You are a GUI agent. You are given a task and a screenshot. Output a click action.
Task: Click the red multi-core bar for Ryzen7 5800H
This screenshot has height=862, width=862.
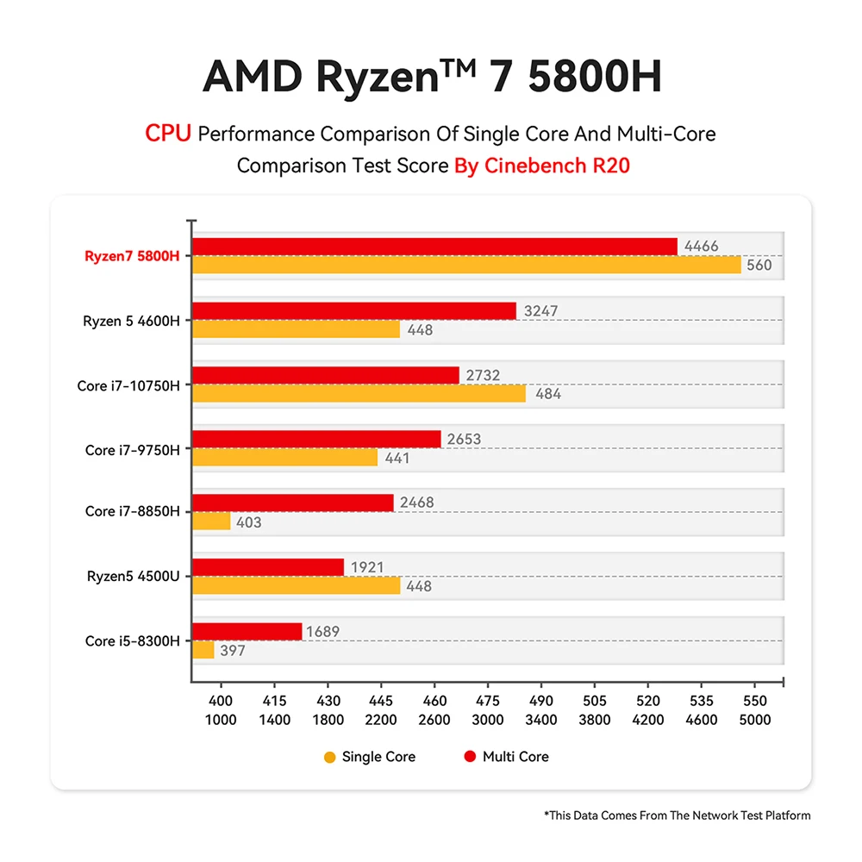click(434, 247)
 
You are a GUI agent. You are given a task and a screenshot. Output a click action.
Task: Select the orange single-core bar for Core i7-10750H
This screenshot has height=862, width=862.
click(359, 394)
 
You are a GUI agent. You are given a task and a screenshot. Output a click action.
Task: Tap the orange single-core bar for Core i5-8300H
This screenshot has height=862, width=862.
click(203, 650)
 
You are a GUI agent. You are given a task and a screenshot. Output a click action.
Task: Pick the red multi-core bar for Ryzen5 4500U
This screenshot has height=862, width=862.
click(268, 567)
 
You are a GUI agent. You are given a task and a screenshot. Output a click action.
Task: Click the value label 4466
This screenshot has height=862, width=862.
click(701, 247)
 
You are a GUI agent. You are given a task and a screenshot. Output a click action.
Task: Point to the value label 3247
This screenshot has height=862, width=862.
click(540, 311)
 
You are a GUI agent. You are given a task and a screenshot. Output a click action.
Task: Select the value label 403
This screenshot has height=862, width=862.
click(249, 522)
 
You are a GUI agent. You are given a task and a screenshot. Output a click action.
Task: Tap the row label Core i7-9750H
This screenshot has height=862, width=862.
click(133, 450)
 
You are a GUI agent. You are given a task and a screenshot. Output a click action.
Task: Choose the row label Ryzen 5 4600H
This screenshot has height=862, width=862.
click(131, 321)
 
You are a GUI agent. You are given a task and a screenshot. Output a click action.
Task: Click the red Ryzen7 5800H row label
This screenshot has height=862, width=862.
click(132, 256)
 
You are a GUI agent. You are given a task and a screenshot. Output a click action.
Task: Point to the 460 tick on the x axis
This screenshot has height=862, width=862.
click(436, 702)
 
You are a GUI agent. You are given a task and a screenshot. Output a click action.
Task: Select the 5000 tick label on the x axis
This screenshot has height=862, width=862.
click(755, 720)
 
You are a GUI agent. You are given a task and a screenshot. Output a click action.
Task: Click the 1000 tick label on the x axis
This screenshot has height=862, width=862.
click(222, 720)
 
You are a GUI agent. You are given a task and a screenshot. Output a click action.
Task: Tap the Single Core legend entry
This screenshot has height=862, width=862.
click(370, 757)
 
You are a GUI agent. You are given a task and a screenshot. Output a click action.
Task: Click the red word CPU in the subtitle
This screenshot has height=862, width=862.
click(168, 134)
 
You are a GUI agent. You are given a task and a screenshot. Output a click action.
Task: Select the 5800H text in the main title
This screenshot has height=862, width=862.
click(594, 77)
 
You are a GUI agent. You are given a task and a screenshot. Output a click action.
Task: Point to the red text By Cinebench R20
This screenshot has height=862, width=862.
click(542, 166)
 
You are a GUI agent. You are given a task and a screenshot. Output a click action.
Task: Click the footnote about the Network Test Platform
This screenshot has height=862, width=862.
click(677, 815)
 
